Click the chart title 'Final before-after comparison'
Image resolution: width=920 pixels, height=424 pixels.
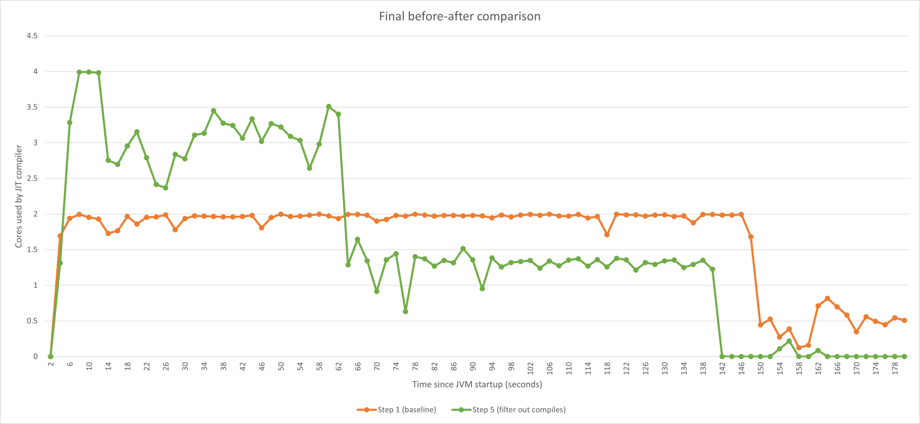[x=460, y=16]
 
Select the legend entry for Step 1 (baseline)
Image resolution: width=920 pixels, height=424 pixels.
[x=396, y=410]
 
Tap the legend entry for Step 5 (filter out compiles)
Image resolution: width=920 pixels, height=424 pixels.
[x=509, y=410]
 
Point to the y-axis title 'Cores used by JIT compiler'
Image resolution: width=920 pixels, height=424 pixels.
[x=18, y=196]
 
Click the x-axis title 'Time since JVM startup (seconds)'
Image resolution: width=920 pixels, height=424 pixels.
[x=477, y=384]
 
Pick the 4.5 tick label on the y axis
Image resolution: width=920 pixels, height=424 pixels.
[x=32, y=36]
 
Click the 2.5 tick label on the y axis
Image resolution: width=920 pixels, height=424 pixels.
[x=32, y=178]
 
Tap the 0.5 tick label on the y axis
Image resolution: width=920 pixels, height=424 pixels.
[x=32, y=321]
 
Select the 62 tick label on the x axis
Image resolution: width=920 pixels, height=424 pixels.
[x=339, y=367]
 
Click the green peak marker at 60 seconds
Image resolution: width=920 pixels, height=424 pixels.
[x=329, y=107]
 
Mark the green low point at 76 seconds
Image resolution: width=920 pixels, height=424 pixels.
[x=405, y=312]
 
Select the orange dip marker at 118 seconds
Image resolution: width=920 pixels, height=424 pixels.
[x=607, y=235]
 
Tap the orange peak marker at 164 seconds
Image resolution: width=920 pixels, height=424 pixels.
[x=828, y=299]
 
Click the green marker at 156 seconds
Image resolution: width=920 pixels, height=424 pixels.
[x=789, y=341]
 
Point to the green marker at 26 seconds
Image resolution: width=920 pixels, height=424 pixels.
[x=166, y=188]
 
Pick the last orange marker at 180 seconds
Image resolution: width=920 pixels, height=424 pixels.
[x=905, y=320]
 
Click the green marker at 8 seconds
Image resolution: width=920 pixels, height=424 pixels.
[x=79, y=72]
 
